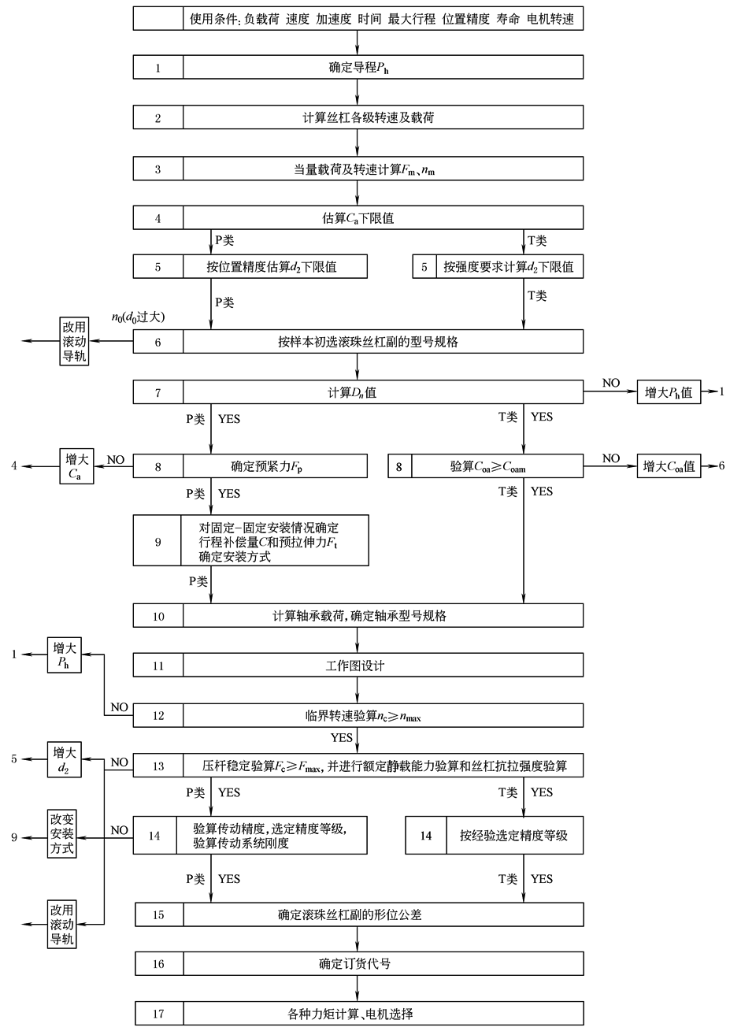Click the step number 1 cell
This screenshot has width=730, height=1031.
[x=157, y=68]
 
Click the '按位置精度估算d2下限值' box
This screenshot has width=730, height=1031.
[x=276, y=267]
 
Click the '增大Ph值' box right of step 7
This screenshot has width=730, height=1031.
[x=668, y=391]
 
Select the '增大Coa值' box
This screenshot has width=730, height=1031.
[x=669, y=466]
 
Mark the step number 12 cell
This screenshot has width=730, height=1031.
[x=157, y=715]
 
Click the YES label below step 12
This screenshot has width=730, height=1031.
[x=342, y=738]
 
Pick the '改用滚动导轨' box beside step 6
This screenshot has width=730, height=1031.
[x=74, y=341]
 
